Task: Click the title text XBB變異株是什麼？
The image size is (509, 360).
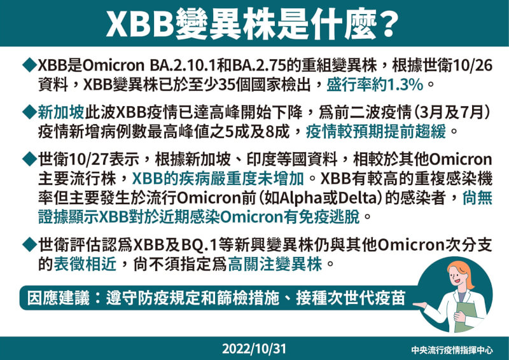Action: click(x=254, y=23)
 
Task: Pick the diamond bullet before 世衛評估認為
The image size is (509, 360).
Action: click(x=29, y=243)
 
